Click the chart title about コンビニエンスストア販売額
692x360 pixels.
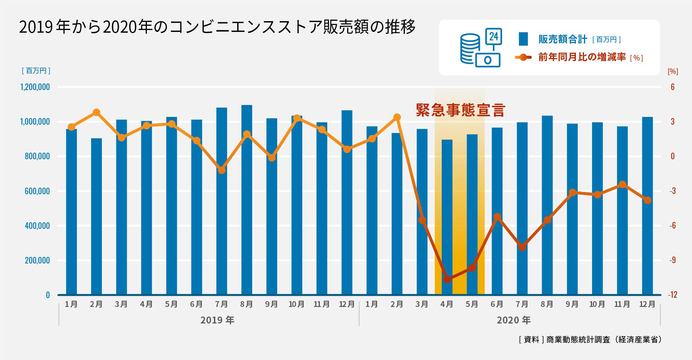point(217,27)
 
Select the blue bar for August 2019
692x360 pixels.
point(247,200)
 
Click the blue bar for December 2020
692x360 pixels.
point(647,206)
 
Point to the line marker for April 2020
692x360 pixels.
point(447,280)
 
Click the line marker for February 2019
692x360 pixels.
point(96,113)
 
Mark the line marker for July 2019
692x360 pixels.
point(222,170)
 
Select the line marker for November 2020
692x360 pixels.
point(622,185)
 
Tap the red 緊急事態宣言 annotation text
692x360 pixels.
point(460,110)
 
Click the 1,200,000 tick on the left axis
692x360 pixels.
point(35,87)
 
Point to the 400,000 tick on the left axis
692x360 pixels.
point(37,226)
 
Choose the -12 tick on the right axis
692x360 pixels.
point(672,295)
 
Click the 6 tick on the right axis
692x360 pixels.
point(672,87)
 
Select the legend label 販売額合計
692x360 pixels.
point(562,39)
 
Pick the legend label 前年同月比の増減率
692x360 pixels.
point(582,57)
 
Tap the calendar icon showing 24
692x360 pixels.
point(494,37)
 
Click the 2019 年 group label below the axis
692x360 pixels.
point(217,320)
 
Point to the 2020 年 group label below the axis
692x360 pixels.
point(514,320)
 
